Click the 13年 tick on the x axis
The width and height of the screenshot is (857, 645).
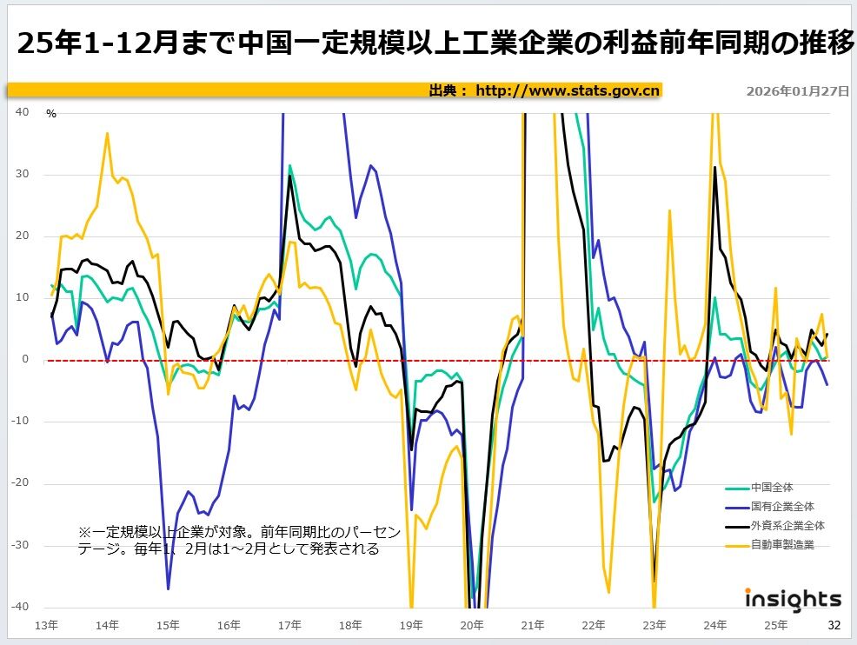[47, 625]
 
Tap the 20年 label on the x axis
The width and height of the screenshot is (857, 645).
[472, 625]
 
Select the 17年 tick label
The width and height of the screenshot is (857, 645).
[289, 625]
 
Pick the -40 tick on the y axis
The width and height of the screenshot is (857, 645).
[21, 607]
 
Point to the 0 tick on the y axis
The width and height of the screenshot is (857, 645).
[25, 360]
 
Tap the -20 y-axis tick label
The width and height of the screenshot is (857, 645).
[21, 483]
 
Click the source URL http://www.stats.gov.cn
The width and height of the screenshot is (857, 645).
[568, 90]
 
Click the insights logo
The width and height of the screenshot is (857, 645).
[793, 599]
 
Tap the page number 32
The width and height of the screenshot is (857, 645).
[834, 625]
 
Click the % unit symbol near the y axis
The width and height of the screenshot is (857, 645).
[51, 114]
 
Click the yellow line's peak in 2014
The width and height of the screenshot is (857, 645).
[107, 133]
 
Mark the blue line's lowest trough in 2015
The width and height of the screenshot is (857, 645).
[168, 588]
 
